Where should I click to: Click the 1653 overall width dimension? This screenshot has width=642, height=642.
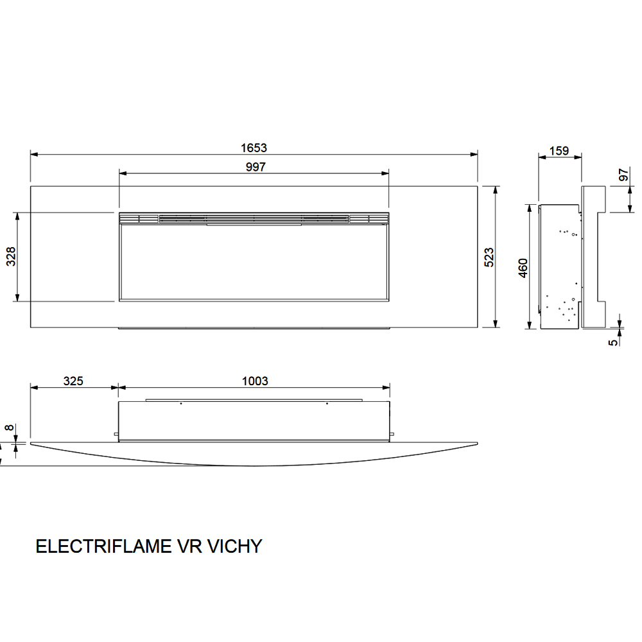[x=254, y=148]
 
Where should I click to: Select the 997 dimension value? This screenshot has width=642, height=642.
[x=256, y=167]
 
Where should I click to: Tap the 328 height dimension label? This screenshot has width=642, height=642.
[x=11, y=257]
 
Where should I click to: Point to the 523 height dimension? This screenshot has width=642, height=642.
[x=489, y=257]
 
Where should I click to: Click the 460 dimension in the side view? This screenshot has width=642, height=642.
[x=523, y=268]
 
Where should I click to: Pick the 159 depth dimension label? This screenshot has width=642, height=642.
[x=559, y=151]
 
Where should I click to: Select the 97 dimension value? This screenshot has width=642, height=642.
[x=623, y=175]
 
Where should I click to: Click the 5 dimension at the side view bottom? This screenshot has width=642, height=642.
[x=613, y=342]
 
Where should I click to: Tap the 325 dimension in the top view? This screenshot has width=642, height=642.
[x=73, y=381]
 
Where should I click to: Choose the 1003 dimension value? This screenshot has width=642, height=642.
[x=255, y=381]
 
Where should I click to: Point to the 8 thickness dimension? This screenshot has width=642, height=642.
[x=9, y=428]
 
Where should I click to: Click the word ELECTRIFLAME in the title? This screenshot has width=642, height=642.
[x=104, y=546]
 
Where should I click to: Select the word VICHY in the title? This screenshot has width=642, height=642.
[x=234, y=546]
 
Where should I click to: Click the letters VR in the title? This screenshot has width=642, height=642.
[x=189, y=546]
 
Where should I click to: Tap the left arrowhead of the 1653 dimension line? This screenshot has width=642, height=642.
[x=35, y=154]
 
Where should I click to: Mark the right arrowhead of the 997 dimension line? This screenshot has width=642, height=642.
[x=385, y=173]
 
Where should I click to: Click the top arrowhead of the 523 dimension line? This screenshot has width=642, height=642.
[x=496, y=190]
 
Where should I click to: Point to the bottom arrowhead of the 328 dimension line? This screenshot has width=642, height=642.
[x=17, y=297]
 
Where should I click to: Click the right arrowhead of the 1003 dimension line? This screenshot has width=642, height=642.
[x=386, y=387]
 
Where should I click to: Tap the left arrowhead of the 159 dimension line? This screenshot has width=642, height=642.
[x=542, y=157]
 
